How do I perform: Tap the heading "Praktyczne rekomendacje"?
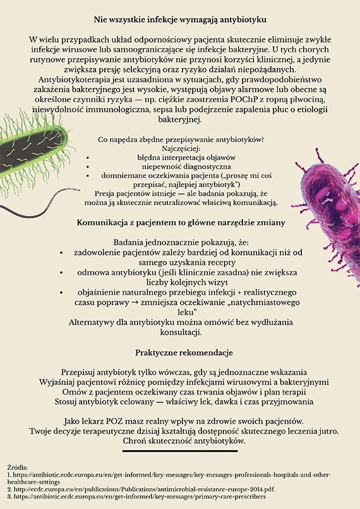(x=179, y=352)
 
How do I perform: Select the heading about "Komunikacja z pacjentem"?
(x=179, y=223)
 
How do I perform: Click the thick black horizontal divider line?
(x=179, y=451)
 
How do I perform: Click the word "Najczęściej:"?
(x=180, y=147)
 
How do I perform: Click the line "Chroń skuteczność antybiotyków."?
(x=179, y=440)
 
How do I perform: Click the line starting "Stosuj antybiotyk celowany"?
(x=179, y=401)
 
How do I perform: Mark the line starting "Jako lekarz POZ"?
(x=179, y=421)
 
